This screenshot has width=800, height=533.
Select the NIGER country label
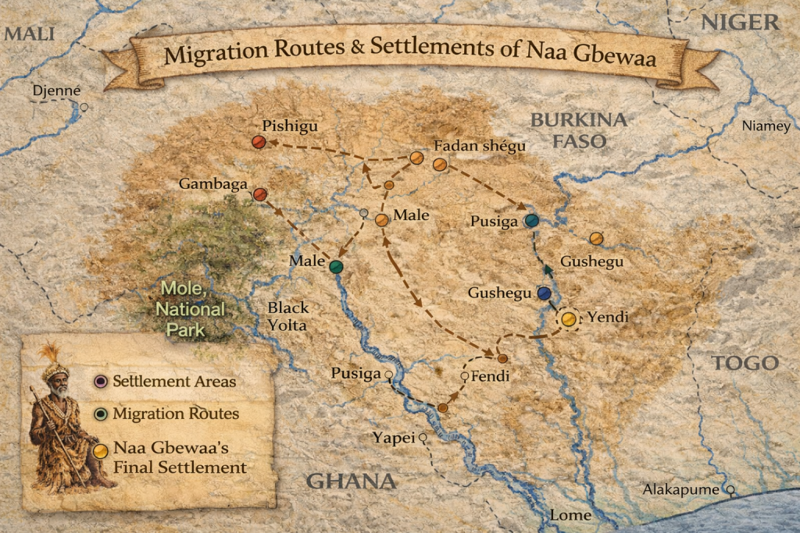739,22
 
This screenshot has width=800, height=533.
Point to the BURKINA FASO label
578,130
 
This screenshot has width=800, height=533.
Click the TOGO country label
744,363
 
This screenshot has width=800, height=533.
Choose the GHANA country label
351,481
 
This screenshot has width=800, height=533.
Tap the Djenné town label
55,91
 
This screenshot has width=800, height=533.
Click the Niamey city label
766,126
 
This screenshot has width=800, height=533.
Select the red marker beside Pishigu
259,141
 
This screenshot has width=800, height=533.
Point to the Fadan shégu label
480,146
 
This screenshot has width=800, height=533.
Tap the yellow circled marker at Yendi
569,318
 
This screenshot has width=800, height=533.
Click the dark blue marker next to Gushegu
545,293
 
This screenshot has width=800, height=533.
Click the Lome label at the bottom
570,516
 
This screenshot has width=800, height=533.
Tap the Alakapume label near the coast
680,489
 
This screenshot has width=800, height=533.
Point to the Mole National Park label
191,309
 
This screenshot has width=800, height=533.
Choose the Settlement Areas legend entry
174,382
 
